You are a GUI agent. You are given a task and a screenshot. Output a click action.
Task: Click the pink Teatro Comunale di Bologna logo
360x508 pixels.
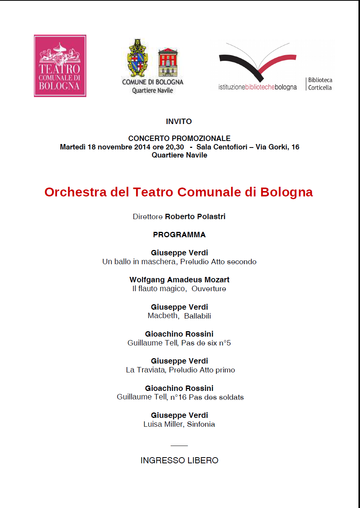tap(60, 66)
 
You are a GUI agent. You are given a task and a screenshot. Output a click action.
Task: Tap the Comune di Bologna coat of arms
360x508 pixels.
tap(138, 58)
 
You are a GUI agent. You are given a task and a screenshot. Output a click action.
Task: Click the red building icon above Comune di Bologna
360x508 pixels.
tap(168, 62)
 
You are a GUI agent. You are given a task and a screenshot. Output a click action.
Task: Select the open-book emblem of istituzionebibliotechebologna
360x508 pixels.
tap(257, 62)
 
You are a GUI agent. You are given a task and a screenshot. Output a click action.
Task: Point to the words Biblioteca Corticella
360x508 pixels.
tap(320, 84)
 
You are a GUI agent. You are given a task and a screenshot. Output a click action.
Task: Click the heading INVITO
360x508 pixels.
tap(179, 121)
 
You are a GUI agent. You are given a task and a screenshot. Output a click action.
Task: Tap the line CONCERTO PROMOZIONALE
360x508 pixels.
tap(179, 138)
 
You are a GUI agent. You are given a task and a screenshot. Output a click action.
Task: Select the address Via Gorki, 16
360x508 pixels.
tap(277, 147)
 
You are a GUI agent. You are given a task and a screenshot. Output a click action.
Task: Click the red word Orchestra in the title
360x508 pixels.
tap(75, 192)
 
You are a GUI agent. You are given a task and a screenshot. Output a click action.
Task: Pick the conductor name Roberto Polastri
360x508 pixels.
tap(195, 216)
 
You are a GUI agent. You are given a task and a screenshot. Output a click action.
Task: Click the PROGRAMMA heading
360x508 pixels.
tap(179, 235)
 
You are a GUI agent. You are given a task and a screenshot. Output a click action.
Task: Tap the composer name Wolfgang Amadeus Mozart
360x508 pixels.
tap(179, 280)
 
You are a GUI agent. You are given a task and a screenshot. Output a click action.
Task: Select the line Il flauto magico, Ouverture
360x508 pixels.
tap(179, 288)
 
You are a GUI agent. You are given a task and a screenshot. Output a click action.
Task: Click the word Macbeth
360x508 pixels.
tap(163, 316)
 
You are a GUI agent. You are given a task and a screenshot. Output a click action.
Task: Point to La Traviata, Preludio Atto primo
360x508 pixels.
tap(180, 370)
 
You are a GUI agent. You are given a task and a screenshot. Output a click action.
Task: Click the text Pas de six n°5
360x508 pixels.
tap(206, 343)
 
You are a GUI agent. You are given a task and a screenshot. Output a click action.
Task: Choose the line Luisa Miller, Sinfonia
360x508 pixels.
tap(179, 424)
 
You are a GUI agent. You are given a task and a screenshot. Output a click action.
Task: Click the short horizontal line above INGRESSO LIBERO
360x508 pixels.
tap(179, 446)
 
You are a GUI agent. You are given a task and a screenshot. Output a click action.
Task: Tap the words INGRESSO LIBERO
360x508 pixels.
tap(179, 460)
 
